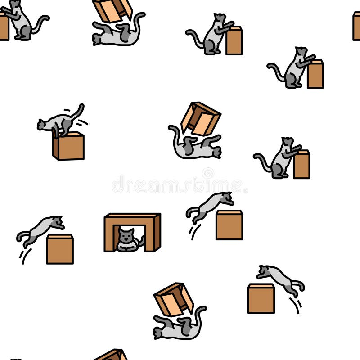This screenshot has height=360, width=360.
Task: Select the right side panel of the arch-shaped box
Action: (x=157, y=233)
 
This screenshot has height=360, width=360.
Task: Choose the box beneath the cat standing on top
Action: (x=70, y=147)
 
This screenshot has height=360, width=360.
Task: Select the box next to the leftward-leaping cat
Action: (x=261, y=298)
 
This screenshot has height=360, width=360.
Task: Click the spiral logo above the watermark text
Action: (x=208, y=173)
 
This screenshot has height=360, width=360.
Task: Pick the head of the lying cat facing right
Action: (x=216, y=153)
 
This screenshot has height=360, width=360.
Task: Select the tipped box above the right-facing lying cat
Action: (x=201, y=118)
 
